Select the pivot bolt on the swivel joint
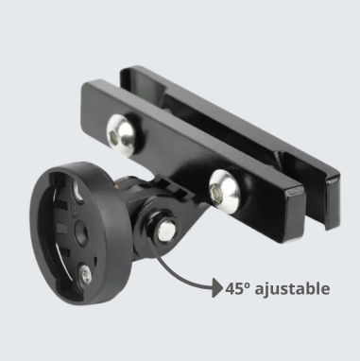tap(166, 231)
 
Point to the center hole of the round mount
tap(81, 232)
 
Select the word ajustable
tap(292, 289)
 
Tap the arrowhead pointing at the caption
tap(218, 287)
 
